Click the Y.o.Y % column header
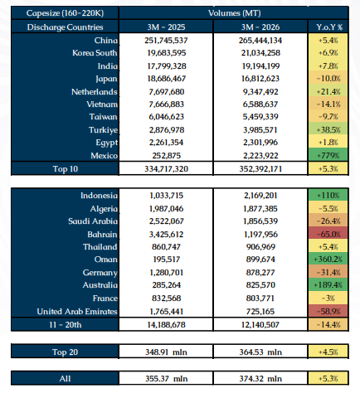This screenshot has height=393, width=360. pyautogui.click(x=329, y=27)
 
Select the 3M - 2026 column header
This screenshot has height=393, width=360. pyautogui.click(x=260, y=27)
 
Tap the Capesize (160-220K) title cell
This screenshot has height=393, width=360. pyautogui.click(x=65, y=13)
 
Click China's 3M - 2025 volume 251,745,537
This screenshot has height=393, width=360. pyautogui.click(x=166, y=41)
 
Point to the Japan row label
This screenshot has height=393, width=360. pyautogui.click(x=106, y=79)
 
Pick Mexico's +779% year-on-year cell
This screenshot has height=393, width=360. pyautogui.click(x=328, y=155)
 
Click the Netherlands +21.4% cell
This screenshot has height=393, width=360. pyautogui.click(x=328, y=91)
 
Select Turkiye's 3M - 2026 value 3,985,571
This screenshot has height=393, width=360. pyautogui.click(x=260, y=130)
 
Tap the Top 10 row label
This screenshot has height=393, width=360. pyautogui.click(x=66, y=169)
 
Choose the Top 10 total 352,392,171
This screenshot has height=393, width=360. pyautogui.click(x=260, y=169)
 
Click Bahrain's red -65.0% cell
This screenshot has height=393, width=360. pyautogui.click(x=328, y=235)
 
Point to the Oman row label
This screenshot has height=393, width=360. pyautogui.click(x=105, y=260)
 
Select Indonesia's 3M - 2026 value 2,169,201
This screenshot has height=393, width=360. pyautogui.click(x=260, y=196)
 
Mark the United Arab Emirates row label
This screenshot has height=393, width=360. pyautogui.click(x=77, y=312)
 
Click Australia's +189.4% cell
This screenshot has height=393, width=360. pyautogui.click(x=328, y=285)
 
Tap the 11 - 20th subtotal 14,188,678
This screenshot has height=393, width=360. pyautogui.click(x=166, y=324)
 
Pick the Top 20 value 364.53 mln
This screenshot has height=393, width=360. pyautogui.click(x=260, y=352)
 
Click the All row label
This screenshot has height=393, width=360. pyautogui.click(x=65, y=378)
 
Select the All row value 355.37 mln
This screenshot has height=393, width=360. pyautogui.click(x=166, y=378)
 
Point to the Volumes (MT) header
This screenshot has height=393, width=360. pyautogui.click(x=234, y=13)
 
